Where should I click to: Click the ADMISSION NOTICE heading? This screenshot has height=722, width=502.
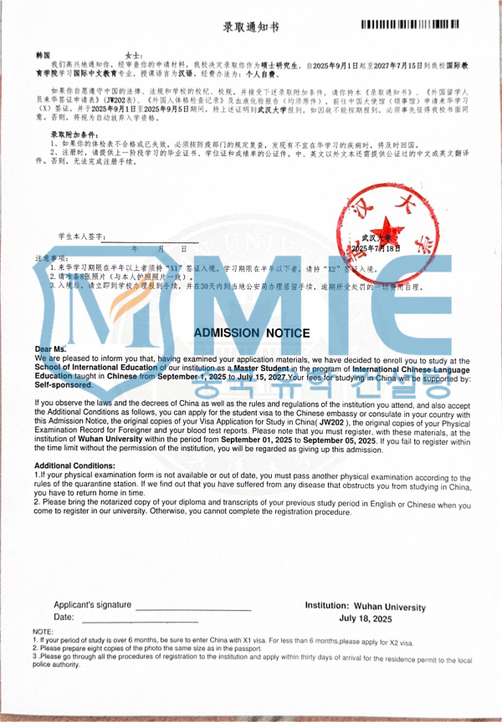click(x=252, y=333)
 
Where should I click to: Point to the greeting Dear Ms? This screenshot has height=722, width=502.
click(x=50, y=348)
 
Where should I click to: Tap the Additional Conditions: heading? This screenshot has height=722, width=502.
click(x=74, y=465)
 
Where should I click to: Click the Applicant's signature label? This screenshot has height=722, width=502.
click(x=92, y=605)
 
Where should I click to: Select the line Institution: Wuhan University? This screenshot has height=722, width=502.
click(x=365, y=607)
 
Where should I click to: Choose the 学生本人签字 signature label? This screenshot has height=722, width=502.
click(x=82, y=237)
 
